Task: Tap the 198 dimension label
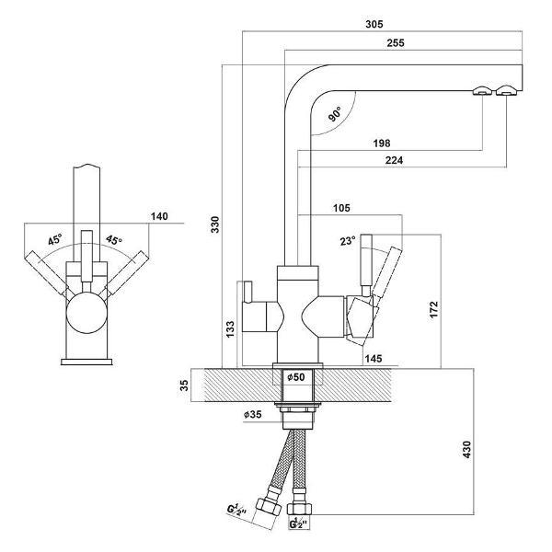coord(383,143)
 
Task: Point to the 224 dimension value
coord(398,161)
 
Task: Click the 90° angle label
coord(334,114)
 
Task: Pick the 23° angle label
coord(346,242)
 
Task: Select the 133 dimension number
coord(231,327)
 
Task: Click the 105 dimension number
coord(342,208)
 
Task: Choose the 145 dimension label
coord(373,356)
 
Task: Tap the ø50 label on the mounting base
coord(296,377)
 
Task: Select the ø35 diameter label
coord(254,414)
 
